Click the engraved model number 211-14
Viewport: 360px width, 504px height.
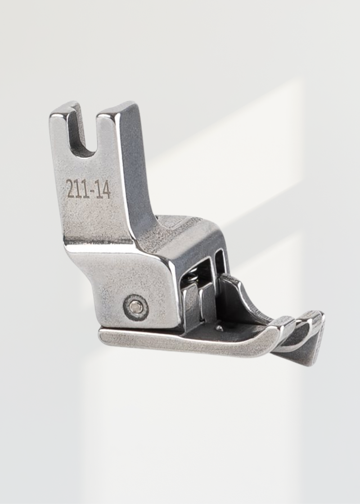(x=89, y=189)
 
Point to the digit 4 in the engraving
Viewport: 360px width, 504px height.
(x=106, y=189)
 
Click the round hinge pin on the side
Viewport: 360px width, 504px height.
(x=135, y=307)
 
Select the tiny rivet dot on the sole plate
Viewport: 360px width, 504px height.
(x=219, y=328)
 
